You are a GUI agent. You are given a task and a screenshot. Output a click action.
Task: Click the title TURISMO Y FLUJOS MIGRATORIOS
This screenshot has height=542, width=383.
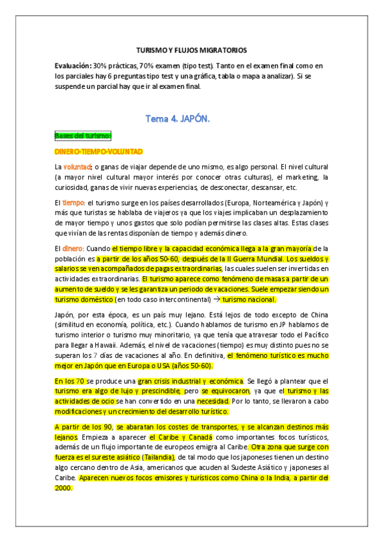point(192,50)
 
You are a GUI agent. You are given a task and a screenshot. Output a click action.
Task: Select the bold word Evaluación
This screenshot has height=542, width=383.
point(74,66)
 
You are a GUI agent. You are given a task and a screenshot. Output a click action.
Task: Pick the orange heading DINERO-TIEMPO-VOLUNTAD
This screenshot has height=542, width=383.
point(98,151)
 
